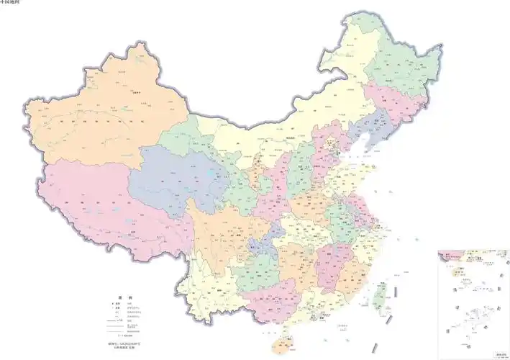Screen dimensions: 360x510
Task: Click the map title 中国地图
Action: [11, 3]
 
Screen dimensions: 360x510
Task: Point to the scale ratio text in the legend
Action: [129, 336]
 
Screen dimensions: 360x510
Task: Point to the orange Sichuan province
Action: [223, 230]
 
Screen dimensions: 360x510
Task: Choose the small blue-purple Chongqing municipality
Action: [263, 241]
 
